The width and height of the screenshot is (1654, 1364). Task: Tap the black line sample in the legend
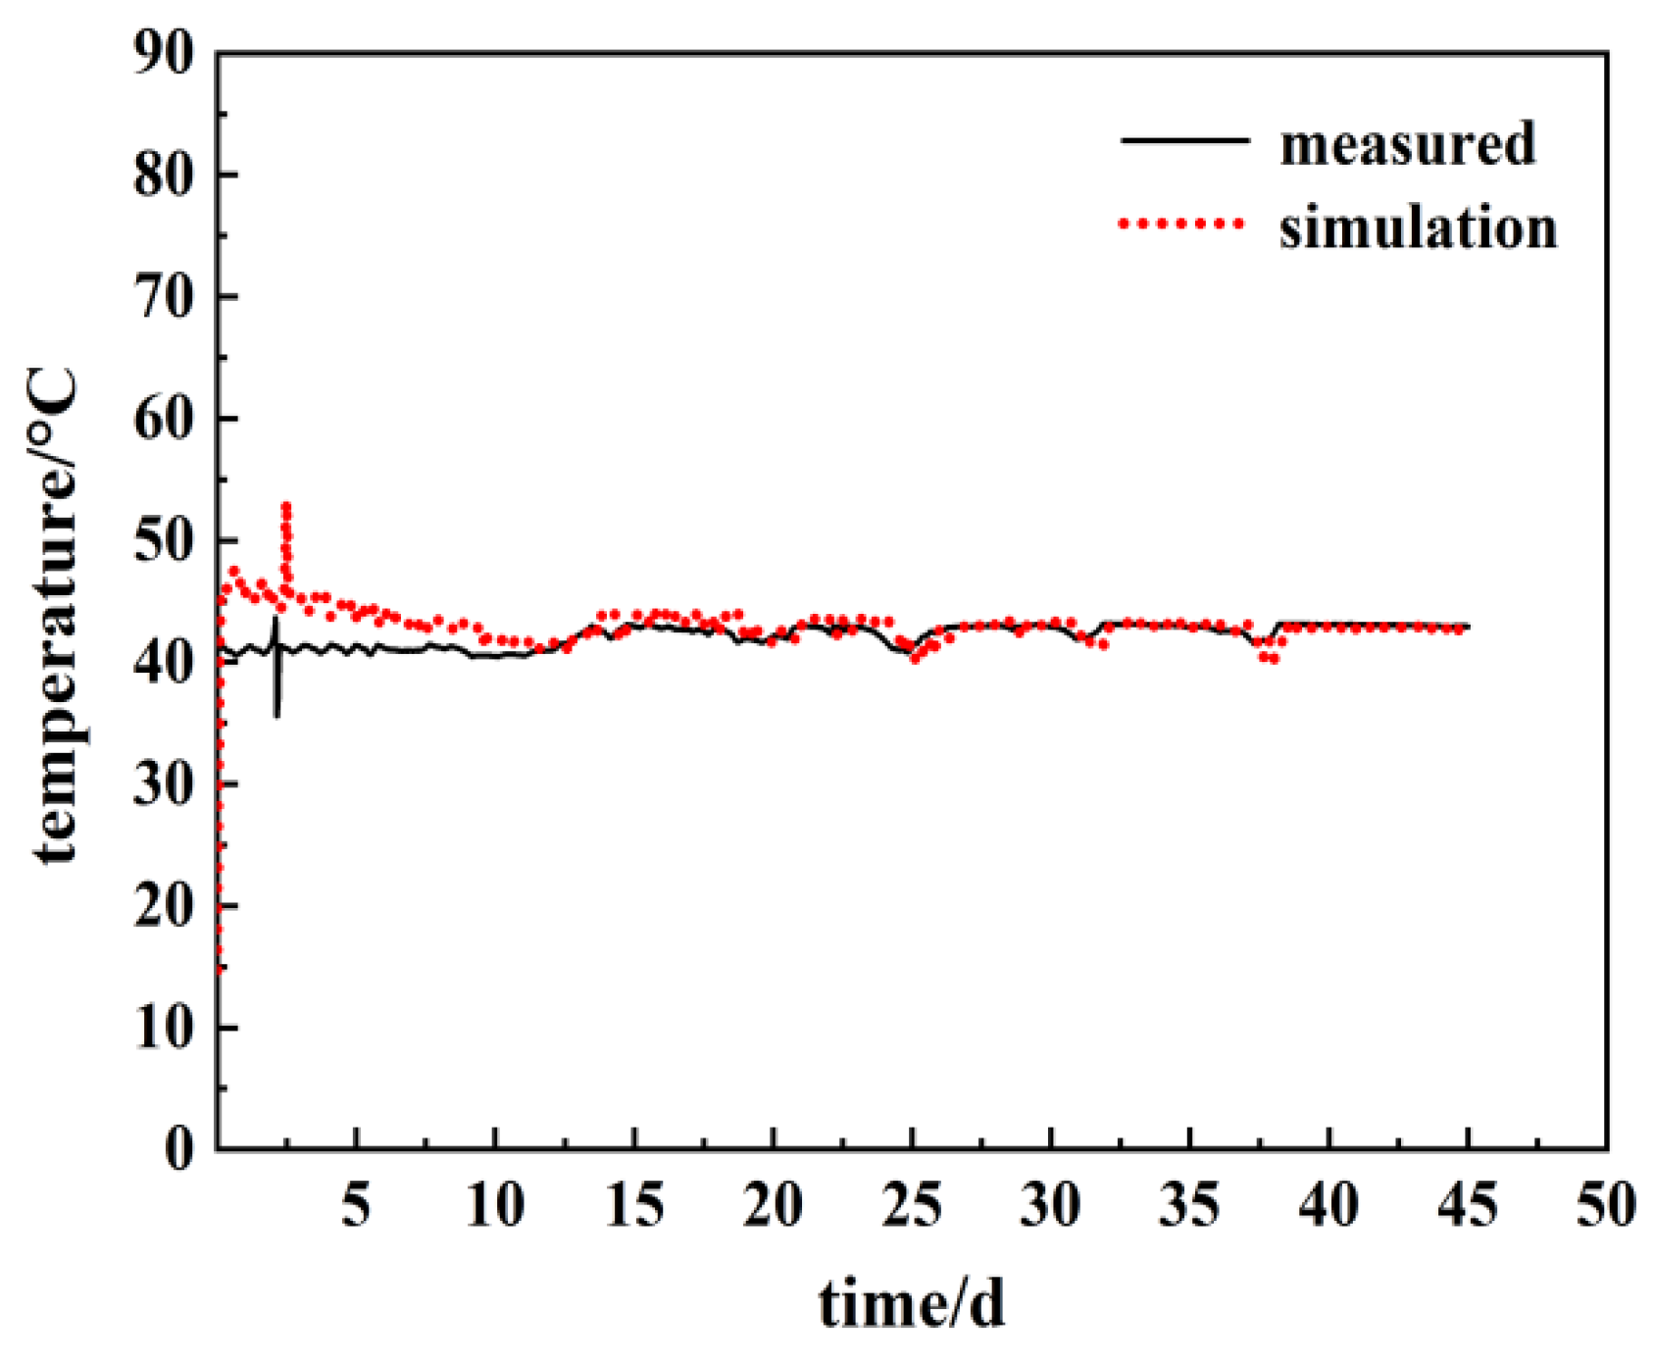point(1184,141)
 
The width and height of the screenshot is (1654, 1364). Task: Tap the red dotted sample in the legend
point(1181,224)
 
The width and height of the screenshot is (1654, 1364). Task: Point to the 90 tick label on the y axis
point(165,54)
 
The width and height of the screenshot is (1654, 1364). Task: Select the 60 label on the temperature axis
point(165,420)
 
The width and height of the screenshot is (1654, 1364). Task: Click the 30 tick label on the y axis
point(165,785)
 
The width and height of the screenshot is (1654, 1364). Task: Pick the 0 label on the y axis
point(179,1147)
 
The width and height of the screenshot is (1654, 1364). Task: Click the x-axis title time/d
point(912,1305)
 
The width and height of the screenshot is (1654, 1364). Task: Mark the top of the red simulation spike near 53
point(286,506)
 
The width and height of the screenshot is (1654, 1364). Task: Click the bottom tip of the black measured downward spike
point(277,716)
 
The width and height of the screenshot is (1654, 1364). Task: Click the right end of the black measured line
point(1469,626)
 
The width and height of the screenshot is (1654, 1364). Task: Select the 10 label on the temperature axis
point(165,1028)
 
